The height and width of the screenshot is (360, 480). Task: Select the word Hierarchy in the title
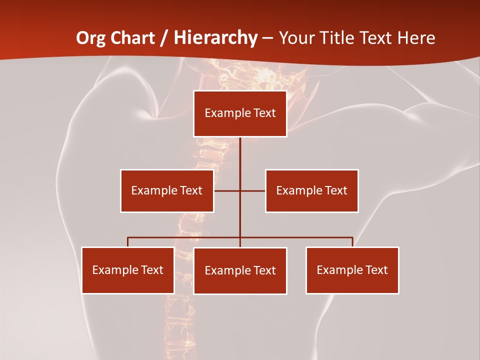pos(216,38)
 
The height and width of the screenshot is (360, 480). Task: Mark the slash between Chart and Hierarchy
pos(163,38)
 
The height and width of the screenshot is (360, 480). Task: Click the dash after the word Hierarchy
pos(268,38)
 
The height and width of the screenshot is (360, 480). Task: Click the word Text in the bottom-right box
pos(376,270)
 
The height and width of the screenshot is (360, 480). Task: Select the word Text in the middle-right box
pos(335,190)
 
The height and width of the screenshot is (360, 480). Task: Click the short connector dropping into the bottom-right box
pos(352,242)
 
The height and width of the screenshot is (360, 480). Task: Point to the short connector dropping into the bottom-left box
pos(128,242)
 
